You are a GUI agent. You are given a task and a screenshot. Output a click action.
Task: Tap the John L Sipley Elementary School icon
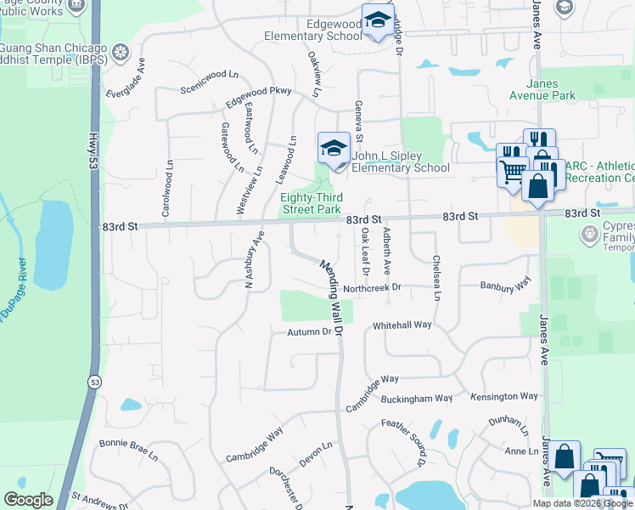pyautogui.click(x=334, y=149)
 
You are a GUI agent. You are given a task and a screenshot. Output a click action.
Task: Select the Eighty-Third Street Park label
pyautogui.click(x=311, y=203)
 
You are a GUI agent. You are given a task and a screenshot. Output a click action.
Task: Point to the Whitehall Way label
pyautogui.click(x=402, y=326)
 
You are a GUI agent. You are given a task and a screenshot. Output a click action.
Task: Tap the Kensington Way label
pyautogui.click(x=506, y=396)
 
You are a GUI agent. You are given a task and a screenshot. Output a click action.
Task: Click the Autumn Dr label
pyautogui.click(x=307, y=331)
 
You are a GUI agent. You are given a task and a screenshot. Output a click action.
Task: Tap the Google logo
pyautogui.click(x=29, y=500)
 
